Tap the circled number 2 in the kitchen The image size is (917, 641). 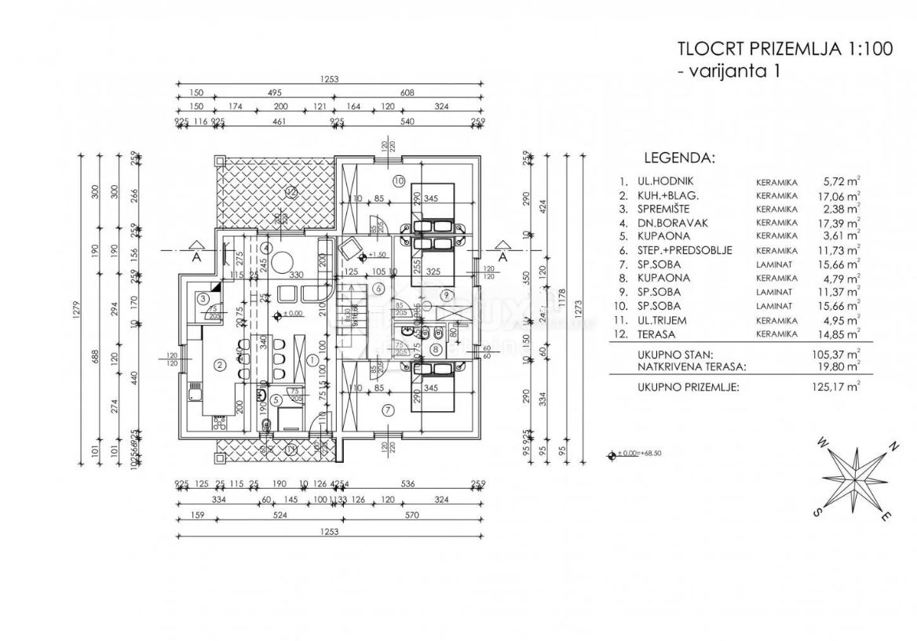click(221, 364)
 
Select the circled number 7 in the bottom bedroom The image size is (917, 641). click(390, 409)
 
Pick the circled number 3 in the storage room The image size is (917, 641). click(203, 298)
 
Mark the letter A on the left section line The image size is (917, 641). click(195, 257)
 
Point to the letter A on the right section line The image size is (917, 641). click(502, 257)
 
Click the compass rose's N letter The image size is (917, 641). click(893, 447)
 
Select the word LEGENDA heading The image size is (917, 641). click(679, 158)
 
